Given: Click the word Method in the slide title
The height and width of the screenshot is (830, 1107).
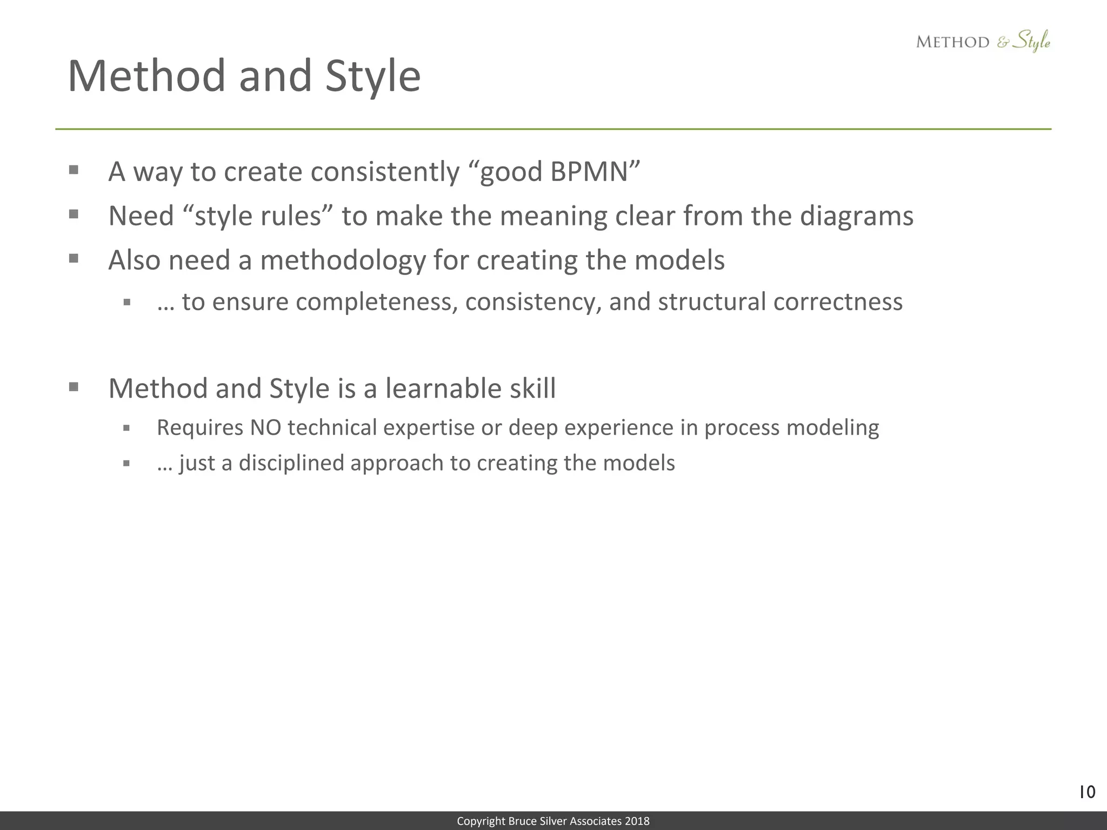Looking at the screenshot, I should pyautogui.click(x=146, y=76).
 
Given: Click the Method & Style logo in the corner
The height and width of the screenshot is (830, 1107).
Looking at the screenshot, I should pyautogui.click(x=983, y=42).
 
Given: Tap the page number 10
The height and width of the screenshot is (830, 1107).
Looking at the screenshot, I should pyautogui.click(x=1086, y=793).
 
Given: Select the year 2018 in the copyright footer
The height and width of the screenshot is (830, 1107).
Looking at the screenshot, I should pyautogui.click(x=637, y=821).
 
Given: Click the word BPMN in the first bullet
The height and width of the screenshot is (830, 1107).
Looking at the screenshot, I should pyautogui.click(x=589, y=172).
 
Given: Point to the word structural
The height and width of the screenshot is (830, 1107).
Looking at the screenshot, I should pyautogui.click(x=712, y=302).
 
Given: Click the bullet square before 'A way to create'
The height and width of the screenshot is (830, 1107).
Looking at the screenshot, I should pyautogui.click(x=74, y=171).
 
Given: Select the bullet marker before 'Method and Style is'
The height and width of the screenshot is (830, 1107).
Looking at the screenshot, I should pyautogui.click(x=74, y=387).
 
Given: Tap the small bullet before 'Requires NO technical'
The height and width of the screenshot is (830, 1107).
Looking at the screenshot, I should pyautogui.click(x=126, y=428).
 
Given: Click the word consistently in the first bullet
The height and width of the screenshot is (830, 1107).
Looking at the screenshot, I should pyautogui.click(x=385, y=172).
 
